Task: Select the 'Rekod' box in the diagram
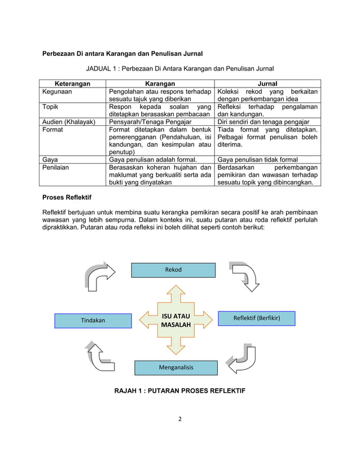[173, 270]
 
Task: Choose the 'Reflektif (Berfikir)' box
[257, 319]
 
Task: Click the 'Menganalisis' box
[175, 367]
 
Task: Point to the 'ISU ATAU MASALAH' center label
[175, 320]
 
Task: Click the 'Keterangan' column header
[73, 83]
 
